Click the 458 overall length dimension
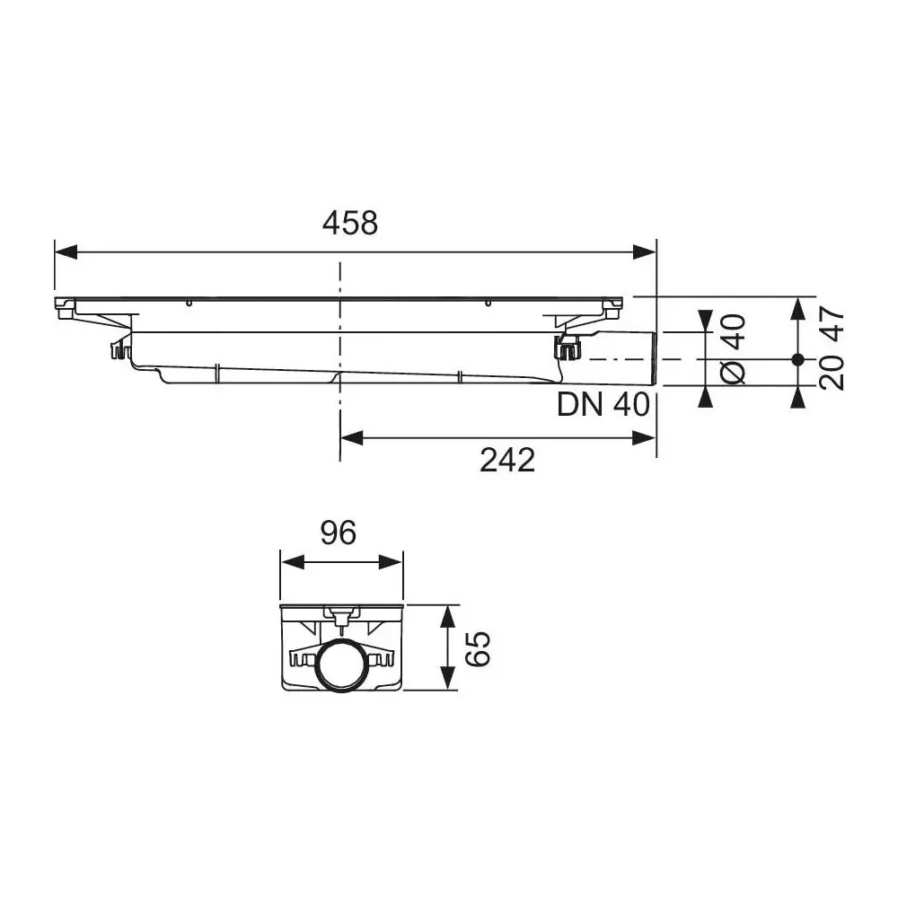pyautogui.click(x=350, y=223)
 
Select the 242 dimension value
pyautogui.click(x=506, y=460)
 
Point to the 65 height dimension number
pyautogui.click(x=480, y=647)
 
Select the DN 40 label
pyautogui.click(x=603, y=405)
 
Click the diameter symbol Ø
pyautogui.click(x=733, y=373)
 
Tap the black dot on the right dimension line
pyautogui.click(x=797, y=359)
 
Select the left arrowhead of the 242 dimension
pyautogui.click(x=351, y=437)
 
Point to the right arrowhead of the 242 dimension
pyautogui.click(x=645, y=437)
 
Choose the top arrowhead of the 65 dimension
pyautogui.click(x=446, y=616)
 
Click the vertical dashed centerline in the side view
pyautogui.click(x=339, y=359)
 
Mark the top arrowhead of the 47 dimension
pyautogui.click(x=797, y=310)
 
